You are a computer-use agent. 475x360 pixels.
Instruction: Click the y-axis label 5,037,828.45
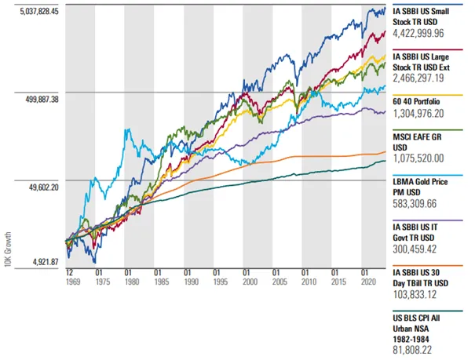[39, 12]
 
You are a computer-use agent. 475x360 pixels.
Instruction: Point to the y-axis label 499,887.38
[42, 100]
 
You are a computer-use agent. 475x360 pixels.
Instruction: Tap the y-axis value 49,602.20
[44, 187]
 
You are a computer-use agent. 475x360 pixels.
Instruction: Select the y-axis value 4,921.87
[46, 262]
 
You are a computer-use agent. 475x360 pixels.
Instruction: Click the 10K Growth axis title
[8, 249]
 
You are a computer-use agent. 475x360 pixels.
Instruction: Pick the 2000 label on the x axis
[250, 282]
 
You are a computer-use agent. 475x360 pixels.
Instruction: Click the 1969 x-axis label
[73, 282]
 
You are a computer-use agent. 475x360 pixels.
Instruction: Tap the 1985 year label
[162, 282]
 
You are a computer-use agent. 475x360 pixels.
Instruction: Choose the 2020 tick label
[368, 282]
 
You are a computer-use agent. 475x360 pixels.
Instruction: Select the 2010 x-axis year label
[309, 282]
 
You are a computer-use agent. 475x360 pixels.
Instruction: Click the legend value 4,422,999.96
[418, 33]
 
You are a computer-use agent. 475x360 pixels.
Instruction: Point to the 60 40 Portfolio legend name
[416, 102]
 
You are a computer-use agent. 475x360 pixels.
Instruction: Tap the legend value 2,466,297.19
[418, 78]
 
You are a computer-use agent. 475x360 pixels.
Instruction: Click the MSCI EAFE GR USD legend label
[417, 142]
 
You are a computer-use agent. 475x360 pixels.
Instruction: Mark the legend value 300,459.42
[415, 249]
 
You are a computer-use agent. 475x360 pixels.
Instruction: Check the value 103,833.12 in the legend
[415, 294]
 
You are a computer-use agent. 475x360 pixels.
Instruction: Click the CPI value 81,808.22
[412, 350]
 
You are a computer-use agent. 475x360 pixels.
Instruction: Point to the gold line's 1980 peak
[129, 129]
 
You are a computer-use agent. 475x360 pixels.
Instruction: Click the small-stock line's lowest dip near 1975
[95, 262]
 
